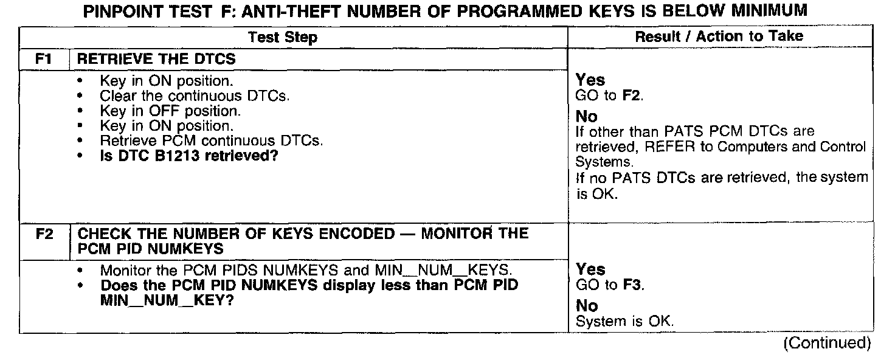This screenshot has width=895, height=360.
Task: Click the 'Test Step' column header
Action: pos(283,38)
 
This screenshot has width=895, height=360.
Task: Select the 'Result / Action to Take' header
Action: pos(719,36)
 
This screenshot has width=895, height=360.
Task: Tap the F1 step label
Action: pos(44,60)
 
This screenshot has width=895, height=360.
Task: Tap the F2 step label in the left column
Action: pos(44,234)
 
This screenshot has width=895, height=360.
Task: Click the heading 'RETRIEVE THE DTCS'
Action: pos(157,60)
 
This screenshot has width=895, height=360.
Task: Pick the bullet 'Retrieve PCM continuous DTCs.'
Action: pos(211,140)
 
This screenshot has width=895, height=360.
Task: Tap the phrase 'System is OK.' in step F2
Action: pos(624,321)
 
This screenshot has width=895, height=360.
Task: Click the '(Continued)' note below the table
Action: pos(827,343)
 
